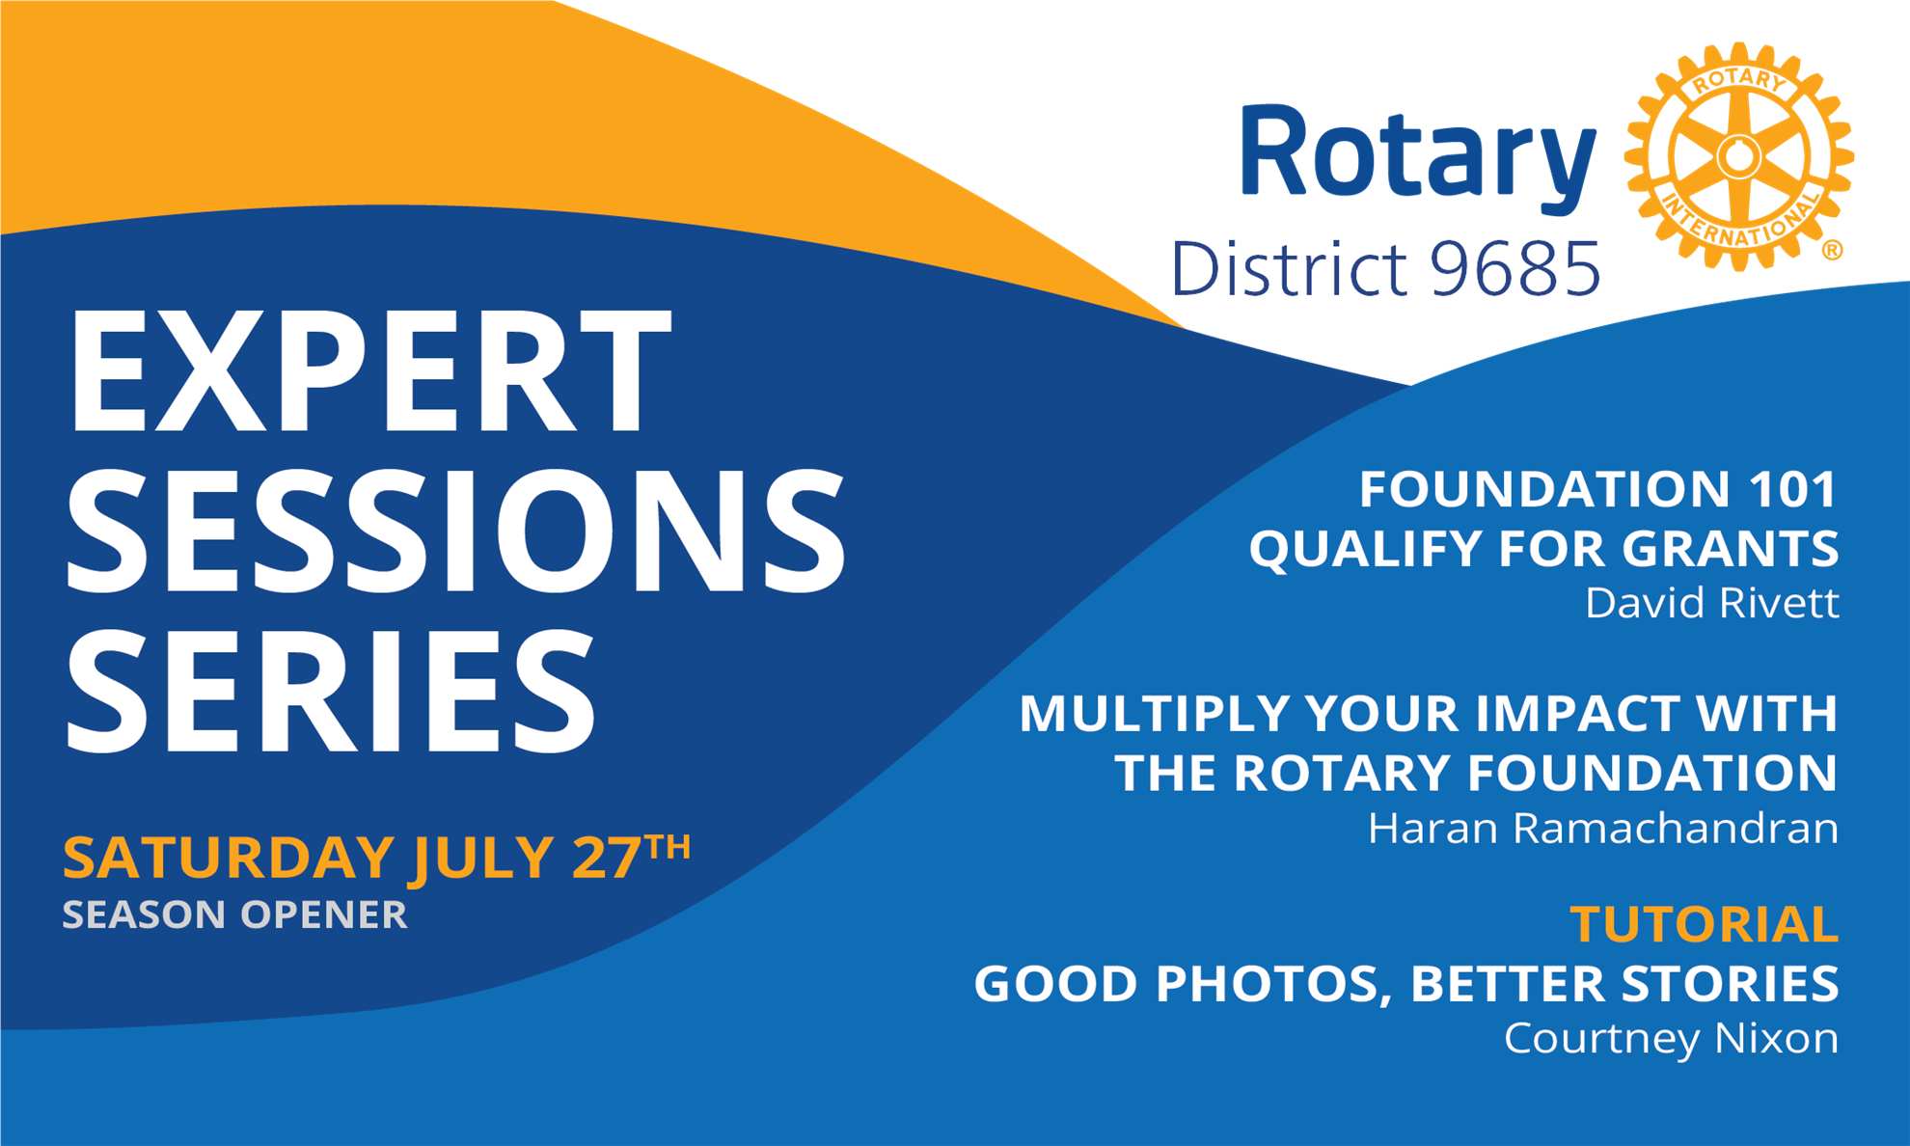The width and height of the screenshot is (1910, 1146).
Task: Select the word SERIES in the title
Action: pos(331,688)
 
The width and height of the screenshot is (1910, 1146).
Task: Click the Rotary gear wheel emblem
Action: pos(1738,156)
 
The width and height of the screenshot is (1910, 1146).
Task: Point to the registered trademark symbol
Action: pos(1833,251)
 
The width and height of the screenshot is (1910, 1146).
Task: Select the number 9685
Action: pos(1515,269)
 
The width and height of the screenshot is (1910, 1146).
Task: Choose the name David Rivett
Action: pos(1712,604)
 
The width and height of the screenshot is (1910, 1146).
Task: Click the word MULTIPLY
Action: pos(1155,714)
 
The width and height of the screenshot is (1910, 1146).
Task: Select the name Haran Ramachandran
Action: pos(1603,829)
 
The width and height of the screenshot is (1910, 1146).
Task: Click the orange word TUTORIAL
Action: pos(1705,924)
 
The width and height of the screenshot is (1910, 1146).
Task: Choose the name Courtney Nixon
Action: pos(1672,1039)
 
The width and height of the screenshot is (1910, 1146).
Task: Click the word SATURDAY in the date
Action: pos(229,858)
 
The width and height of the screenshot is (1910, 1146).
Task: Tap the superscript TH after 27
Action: pos(668,847)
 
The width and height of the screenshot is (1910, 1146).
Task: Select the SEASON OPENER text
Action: pos(235,914)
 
